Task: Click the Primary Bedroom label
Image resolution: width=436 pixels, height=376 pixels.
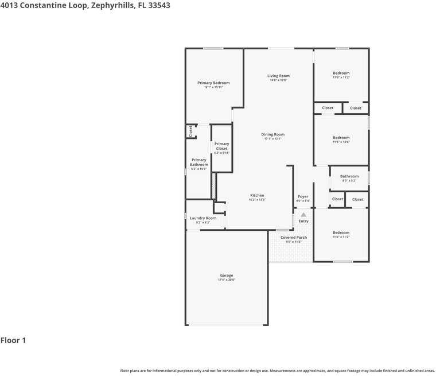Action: point(213,83)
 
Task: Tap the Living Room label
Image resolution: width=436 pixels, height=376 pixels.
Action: point(278,76)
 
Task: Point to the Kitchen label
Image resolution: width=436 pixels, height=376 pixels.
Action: point(256,195)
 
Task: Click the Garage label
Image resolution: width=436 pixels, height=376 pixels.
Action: point(226,276)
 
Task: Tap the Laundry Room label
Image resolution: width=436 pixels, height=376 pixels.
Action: point(203,218)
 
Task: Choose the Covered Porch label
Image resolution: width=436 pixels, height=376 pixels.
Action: point(293,237)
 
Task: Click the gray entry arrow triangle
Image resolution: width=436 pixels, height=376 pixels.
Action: point(303,215)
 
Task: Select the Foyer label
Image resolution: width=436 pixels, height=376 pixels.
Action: point(302,196)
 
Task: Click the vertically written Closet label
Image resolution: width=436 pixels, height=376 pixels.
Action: point(190,131)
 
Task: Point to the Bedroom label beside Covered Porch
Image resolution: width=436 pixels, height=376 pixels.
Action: point(341,232)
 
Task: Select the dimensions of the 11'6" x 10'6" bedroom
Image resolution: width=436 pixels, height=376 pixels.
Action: point(341,142)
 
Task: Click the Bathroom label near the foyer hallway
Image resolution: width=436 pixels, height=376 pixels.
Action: point(349,176)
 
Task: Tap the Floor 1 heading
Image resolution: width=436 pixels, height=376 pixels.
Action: point(13,340)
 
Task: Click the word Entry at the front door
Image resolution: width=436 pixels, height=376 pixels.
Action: point(303,221)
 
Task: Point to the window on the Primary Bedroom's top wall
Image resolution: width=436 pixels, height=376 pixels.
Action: point(213,48)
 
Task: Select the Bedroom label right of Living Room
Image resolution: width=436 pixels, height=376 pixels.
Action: point(341,73)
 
